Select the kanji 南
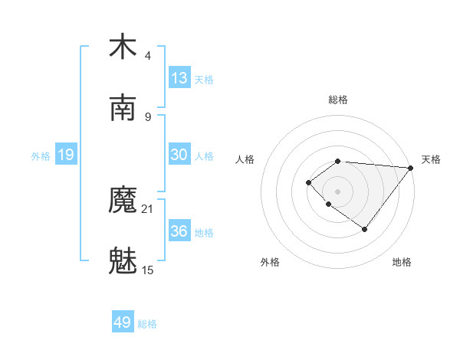[123, 108]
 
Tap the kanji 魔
[123, 201]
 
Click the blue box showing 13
[179, 78]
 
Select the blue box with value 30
[179, 155]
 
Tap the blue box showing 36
[179, 231]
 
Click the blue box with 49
[123, 322]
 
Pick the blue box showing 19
[66, 155]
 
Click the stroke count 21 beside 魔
[148, 208]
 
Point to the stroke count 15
[148, 270]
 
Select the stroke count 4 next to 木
[148, 55]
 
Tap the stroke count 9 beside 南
[148, 116]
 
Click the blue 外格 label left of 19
[41, 156]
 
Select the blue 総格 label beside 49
[147, 324]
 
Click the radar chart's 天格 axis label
[431, 159]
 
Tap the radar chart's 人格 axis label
[245, 159]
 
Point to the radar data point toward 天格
[411, 168]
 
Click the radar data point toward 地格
[365, 229]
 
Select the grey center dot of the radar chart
[337, 191]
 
